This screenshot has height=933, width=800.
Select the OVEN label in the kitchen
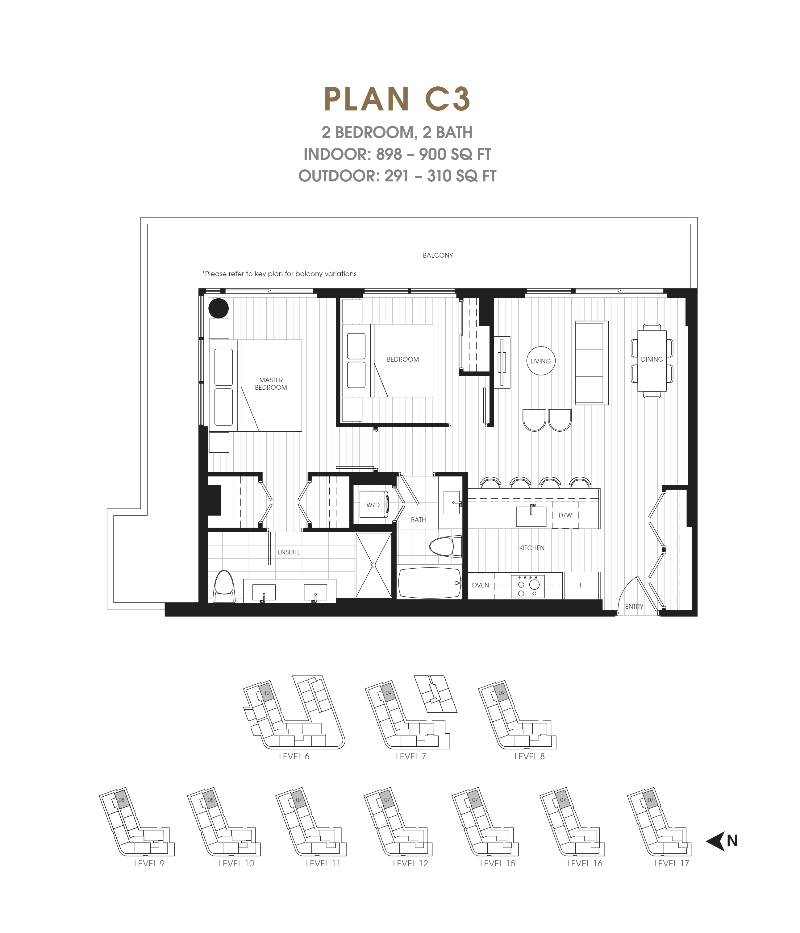tap(480, 585)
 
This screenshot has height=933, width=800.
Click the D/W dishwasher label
tap(565, 515)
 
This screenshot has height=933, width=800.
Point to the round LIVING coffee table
tap(540, 361)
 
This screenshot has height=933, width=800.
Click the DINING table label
tap(652, 359)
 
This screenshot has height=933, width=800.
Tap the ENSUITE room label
tap(289, 552)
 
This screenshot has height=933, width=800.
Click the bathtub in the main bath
tap(429, 583)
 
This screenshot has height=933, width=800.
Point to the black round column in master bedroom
tap(219, 309)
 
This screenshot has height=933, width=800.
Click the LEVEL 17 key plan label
tap(671, 863)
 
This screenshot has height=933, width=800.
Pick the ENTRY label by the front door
tap(634, 607)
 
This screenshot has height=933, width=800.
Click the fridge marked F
tap(581, 585)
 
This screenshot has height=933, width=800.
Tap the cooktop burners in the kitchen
tap(527, 586)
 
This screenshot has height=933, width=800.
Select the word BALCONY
tap(437, 255)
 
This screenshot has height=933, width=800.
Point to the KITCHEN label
tap(531, 548)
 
